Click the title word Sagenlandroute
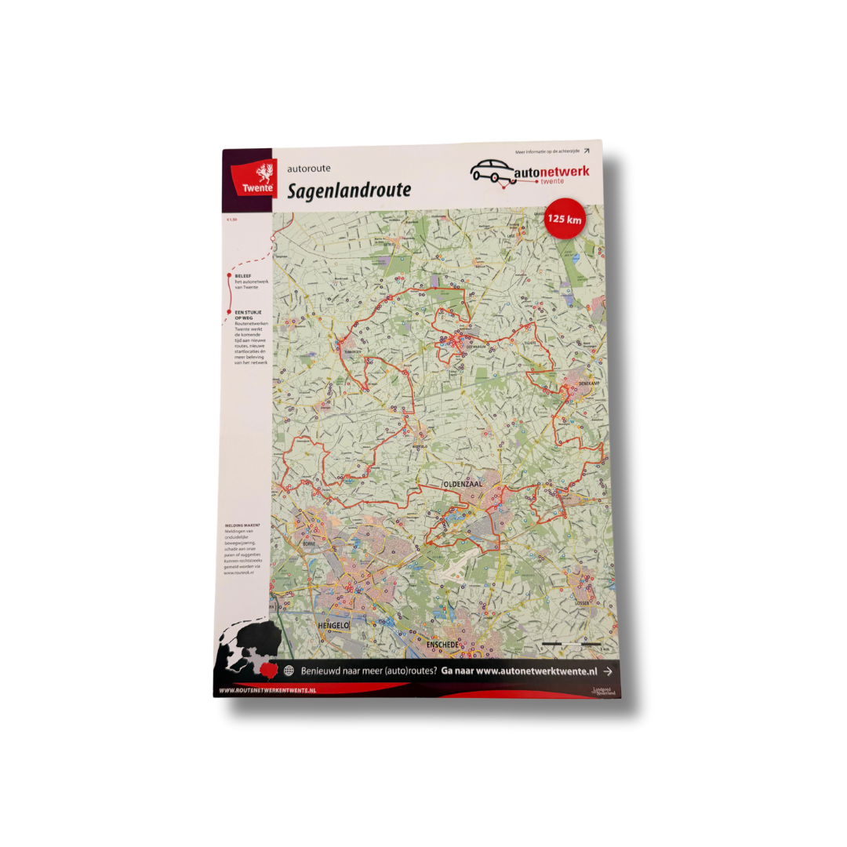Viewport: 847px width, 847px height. (348, 191)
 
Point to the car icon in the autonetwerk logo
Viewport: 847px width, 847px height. (492, 170)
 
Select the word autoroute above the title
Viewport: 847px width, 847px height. (309, 168)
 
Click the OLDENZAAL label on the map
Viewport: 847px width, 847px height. (463, 485)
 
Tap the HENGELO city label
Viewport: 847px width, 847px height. (333, 625)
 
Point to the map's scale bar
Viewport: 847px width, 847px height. (572, 644)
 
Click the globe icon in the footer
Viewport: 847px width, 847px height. (289, 671)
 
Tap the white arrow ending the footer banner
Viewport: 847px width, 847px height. (608, 671)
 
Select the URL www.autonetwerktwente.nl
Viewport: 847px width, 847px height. (536, 671)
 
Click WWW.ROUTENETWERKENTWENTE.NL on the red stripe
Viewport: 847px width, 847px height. (267, 690)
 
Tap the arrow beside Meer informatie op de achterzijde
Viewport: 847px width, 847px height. (586, 151)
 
